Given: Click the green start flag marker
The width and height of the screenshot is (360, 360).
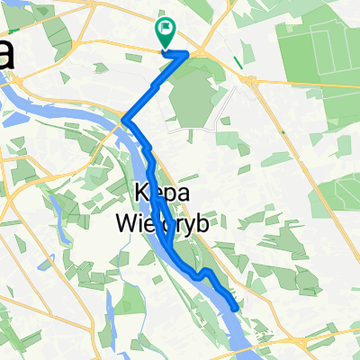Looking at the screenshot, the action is pos(166,32).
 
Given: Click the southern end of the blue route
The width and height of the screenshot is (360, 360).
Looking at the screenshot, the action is pos(236,309).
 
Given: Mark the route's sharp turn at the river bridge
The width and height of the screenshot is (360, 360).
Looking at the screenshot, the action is pos(123,120).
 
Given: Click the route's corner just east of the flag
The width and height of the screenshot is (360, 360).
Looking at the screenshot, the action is pos(187,54).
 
